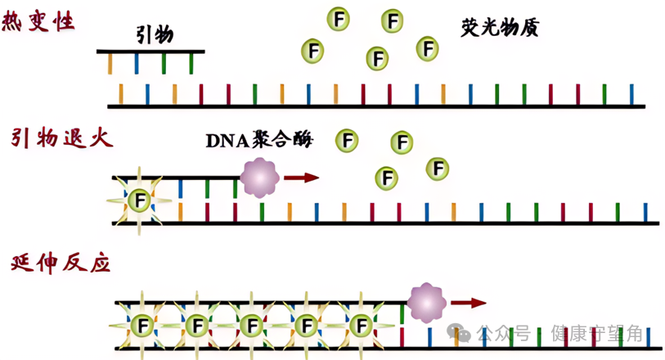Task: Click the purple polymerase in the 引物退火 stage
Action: click(x=259, y=178)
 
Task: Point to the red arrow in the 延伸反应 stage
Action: click(x=468, y=303)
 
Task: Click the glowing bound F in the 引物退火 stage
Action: click(x=141, y=200)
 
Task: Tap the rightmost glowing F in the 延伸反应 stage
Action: click(x=361, y=326)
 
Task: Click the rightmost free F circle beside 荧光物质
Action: click(x=427, y=48)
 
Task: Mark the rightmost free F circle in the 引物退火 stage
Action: click(x=438, y=169)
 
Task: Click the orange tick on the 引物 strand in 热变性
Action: click(x=110, y=64)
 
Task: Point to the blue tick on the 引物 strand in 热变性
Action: click(x=137, y=64)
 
